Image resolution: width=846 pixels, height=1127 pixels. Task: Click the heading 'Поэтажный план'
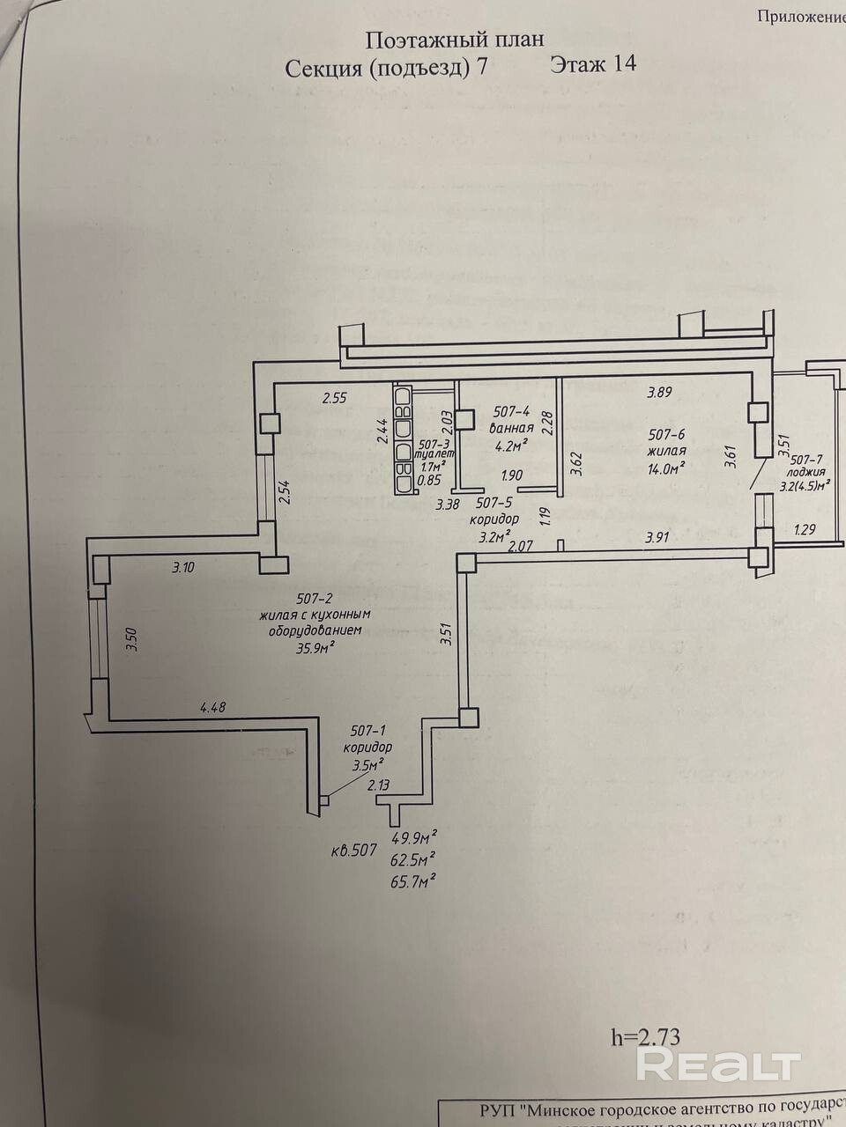(454, 40)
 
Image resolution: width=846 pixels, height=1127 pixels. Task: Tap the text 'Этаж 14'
(592, 64)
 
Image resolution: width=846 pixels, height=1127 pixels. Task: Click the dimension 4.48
(214, 705)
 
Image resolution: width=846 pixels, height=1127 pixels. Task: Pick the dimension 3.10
(183, 568)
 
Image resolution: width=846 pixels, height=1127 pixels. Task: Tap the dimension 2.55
(334, 398)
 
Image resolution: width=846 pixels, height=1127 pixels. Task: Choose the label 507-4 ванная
(512, 420)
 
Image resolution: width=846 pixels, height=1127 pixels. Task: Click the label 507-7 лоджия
(806, 467)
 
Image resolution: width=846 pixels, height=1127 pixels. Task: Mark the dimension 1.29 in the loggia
(805, 530)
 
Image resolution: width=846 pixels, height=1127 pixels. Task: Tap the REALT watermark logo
(718, 1065)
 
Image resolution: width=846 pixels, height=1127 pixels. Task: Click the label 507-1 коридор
(369, 739)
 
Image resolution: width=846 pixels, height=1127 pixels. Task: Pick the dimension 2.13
(378, 785)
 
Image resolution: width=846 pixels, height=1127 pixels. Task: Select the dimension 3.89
(659, 393)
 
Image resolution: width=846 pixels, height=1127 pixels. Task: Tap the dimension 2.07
(523, 547)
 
